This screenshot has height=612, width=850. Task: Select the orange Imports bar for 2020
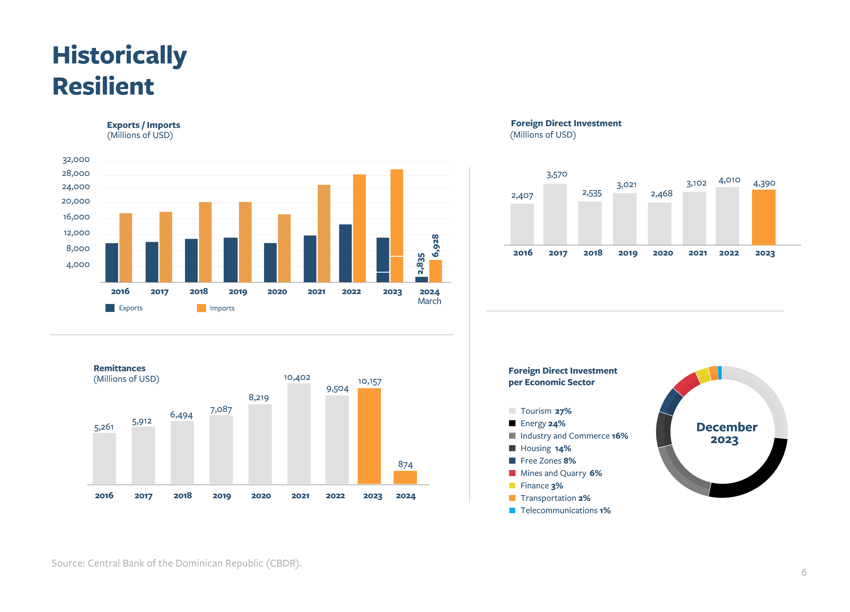(x=284, y=248)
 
